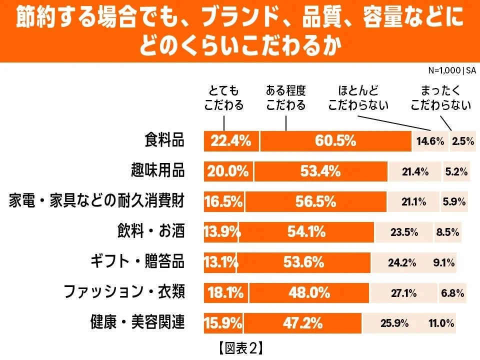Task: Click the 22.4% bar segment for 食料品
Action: pos(231,141)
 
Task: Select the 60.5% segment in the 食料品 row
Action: pos(335,141)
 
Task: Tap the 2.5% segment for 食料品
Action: pos(462,141)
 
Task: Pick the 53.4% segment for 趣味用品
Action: pos(320,172)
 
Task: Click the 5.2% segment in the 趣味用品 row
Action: pos(455,172)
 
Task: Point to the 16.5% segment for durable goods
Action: pos(223,202)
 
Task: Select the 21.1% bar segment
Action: pos(413,202)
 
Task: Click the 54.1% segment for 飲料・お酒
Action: pos(306,232)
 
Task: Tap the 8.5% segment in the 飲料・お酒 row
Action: pos(447,232)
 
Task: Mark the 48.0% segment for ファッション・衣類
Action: pos(309,293)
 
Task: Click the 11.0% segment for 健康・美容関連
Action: pos(441,323)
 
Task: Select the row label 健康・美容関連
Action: pos(137,323)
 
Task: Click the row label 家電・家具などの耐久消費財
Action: pos(97,202)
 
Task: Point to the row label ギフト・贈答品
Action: pos(137,262)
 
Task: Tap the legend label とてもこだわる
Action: pos(224,98)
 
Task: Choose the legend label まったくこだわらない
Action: pos(440,98)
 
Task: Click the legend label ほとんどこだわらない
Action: pos(358,98)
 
